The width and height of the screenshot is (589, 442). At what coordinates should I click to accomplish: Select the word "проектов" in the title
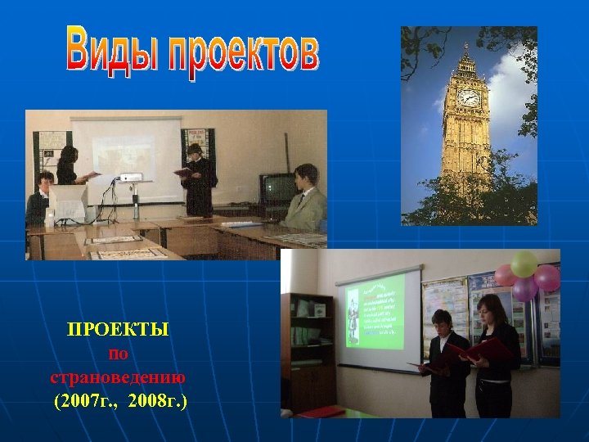click(241, 53)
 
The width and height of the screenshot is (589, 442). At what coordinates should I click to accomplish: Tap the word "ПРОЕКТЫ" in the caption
click(118, 330)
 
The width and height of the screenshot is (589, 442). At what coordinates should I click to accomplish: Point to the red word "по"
click(118, 354)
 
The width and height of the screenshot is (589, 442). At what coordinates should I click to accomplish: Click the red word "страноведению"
click(118, 378)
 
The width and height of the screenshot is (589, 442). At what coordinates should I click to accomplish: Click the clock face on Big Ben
click(469, 97)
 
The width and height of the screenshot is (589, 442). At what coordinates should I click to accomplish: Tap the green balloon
click(524, 264)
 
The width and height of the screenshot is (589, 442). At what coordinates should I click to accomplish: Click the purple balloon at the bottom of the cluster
click(524, 288)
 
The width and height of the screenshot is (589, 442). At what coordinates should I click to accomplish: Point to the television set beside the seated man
click(277, 188)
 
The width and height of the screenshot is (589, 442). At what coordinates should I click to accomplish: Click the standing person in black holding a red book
click(199, 178)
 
